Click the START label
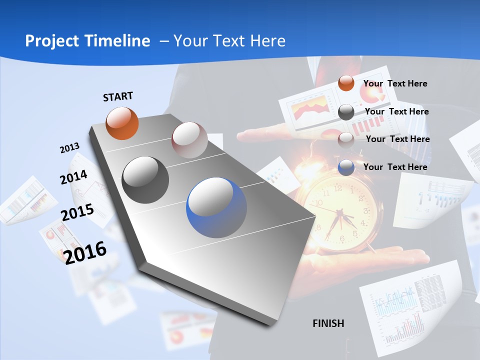(x=118, y=96)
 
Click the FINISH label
(x=328, y=323)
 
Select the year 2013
(x=69, y=148)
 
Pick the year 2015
(x=77, y=212)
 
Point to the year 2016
(x=85, y=252)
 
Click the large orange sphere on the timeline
(x=122, y=123)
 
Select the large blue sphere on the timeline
(x=216, y=207)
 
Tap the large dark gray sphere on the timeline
(x=145, y=180)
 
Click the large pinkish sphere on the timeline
(x=189, y=140)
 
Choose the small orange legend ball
(x=346, y=83)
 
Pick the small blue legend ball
(x=346, y=167)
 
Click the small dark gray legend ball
(x=346, y=112)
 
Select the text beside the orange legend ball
(x=395, y=83)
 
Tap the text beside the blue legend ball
(x=395, y=167)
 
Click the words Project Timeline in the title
(x=87, y=41)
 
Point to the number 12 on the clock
(x=338, y=188)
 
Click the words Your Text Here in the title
(x=229, y=41)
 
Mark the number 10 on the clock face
(x=318, y=203)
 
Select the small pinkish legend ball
(x=346, y=140)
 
